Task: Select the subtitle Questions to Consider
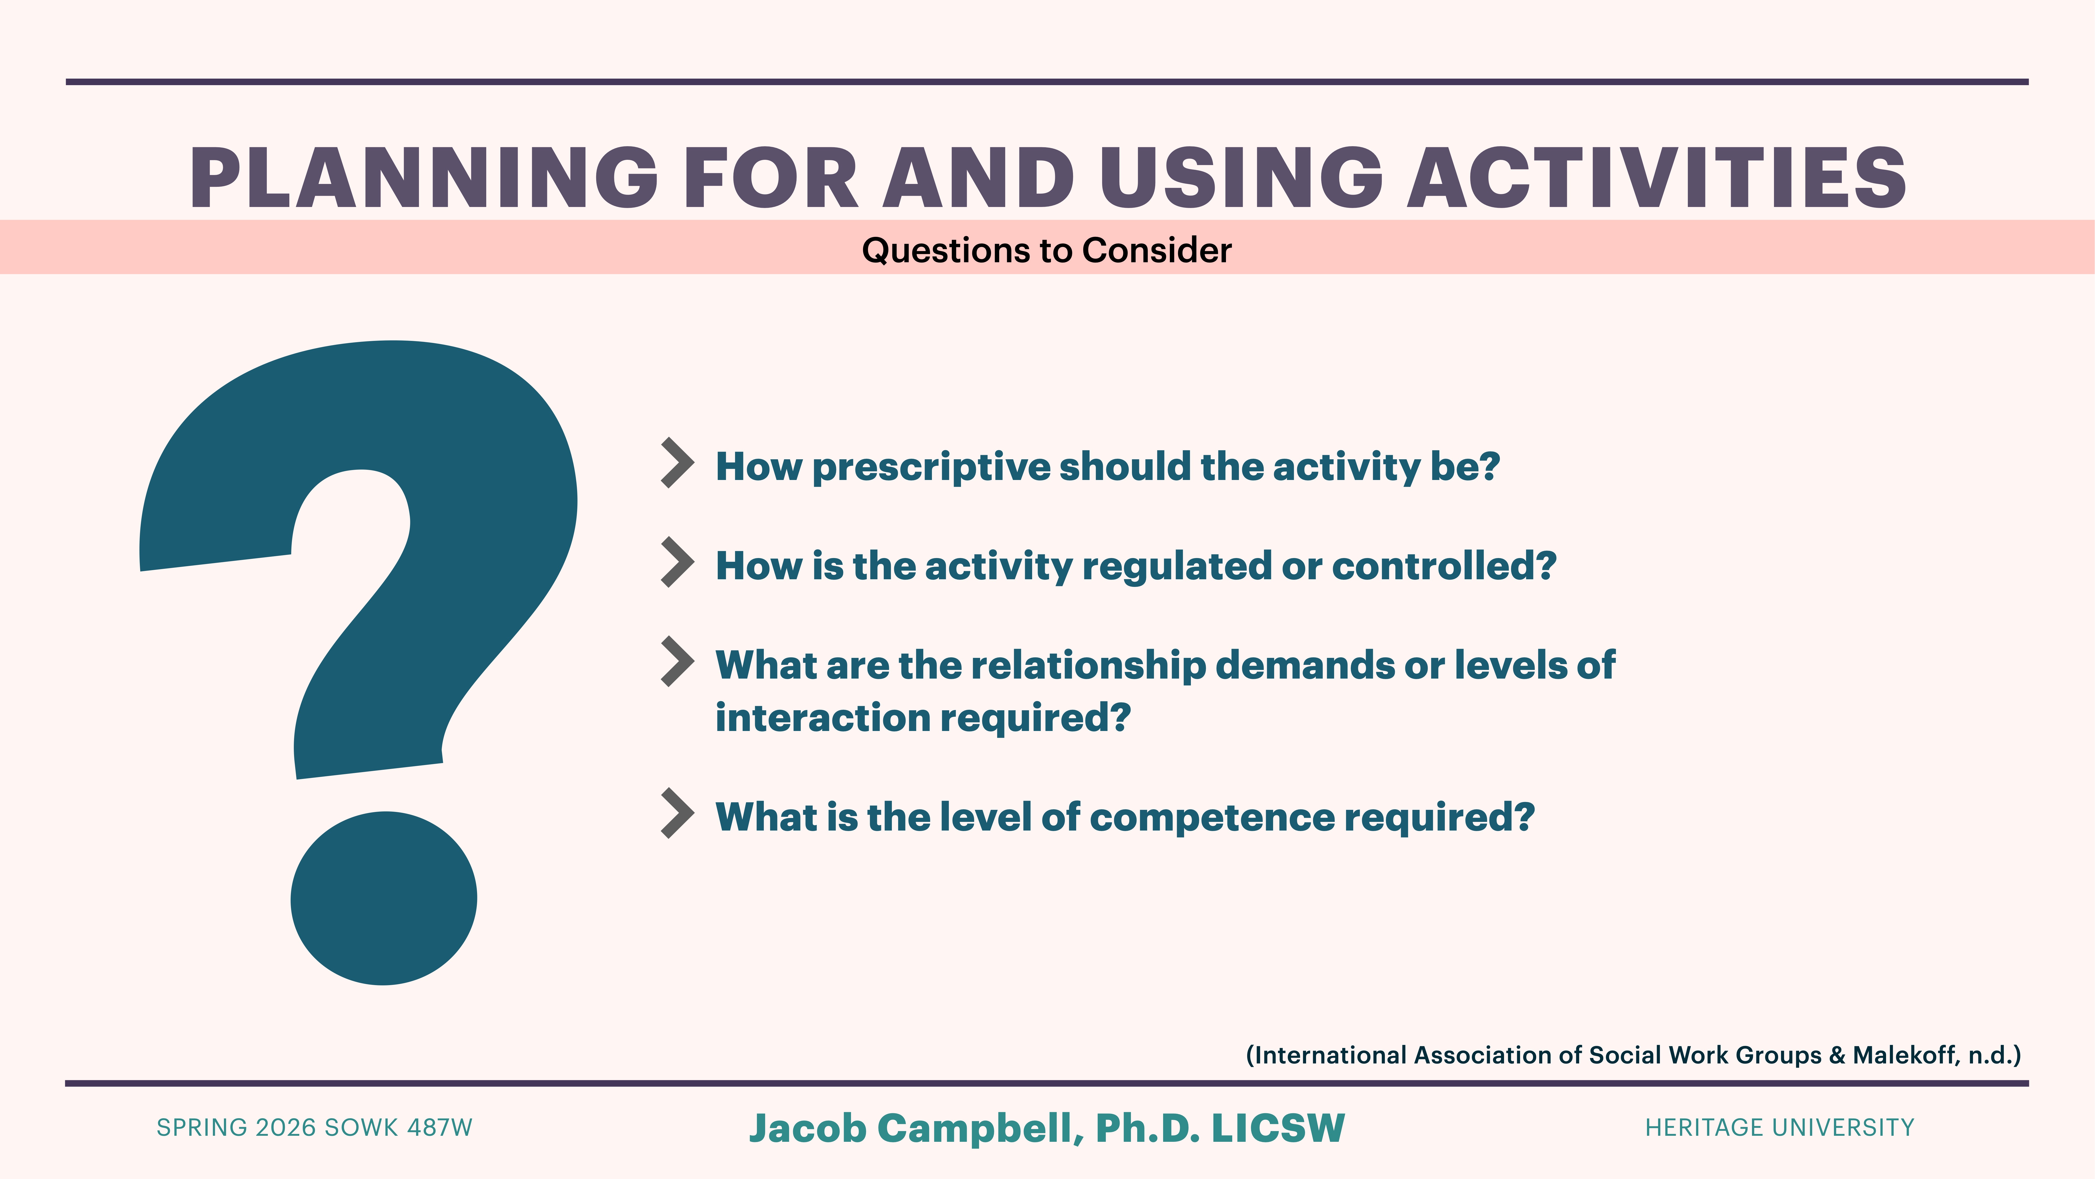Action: tap(1047, 250)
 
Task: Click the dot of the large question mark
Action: tap(383, 898)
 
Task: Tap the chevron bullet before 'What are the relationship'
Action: tap(677, 662)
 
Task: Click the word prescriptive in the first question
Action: tap(931, 467)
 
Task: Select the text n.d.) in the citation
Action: tap(1994, 1055)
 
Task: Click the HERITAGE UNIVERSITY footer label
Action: tap(1779, 1128)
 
